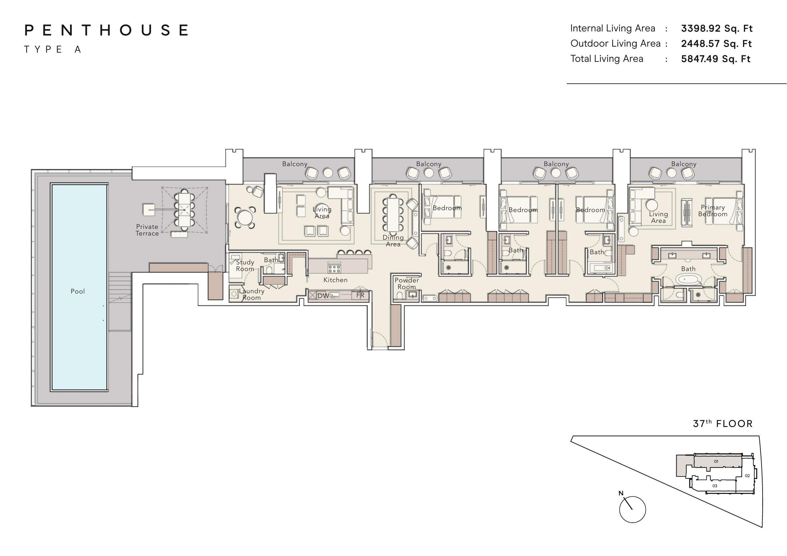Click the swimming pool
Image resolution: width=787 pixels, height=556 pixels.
click(x=79, y=287)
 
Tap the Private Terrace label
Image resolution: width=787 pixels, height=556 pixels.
click(x=147, y=230)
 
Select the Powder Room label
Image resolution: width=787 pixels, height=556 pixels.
click(x=407, y=283)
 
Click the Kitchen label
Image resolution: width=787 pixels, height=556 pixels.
click(x=335, y=280)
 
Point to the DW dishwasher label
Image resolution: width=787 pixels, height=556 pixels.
click(x=323, y=295)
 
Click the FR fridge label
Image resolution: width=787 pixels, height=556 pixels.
click(x=360, y=295)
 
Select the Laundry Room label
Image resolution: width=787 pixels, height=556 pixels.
click(x=252, y=294)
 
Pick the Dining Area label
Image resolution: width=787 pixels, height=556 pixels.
click(x=393, y=241)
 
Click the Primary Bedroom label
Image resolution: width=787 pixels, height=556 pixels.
click(x=713, y=211)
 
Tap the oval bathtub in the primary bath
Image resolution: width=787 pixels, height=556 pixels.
click(x=689, y=280)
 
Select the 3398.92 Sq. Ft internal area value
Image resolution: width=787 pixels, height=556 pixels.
click(x=716, y=29)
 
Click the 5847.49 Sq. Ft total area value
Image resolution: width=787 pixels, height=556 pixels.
click(x=716, y=59)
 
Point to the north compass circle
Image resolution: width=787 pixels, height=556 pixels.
click(x=633, y=509)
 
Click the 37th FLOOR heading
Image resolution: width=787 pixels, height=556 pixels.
click(x=723, y=424)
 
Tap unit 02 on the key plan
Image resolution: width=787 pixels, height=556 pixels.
click(x=747, y=475)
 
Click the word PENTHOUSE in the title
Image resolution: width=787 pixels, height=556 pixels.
click(x=106, y=30)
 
